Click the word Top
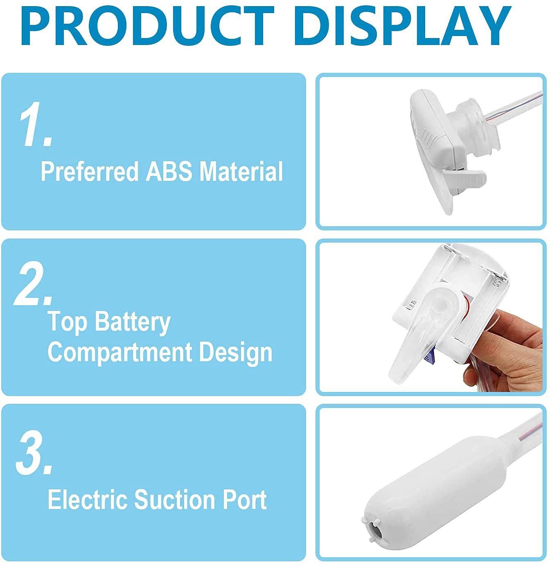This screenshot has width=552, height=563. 68,322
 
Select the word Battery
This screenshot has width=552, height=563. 133,322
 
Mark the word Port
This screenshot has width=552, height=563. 245,500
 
